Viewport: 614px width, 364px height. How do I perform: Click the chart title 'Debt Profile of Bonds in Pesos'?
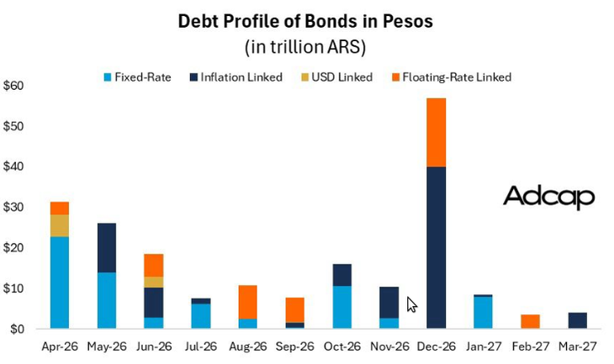pos(305,21)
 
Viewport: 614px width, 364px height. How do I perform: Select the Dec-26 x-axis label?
pos(436,345)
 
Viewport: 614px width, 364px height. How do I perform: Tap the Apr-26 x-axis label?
pos(60,345)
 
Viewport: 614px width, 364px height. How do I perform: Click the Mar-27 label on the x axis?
pos(577,345)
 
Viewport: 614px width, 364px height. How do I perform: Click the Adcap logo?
pos(548,198)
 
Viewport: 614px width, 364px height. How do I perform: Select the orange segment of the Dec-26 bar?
pos(436,133)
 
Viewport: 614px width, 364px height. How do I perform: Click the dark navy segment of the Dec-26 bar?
pos(436,248)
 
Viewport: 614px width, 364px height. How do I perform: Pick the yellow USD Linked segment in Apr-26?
pos(60,225)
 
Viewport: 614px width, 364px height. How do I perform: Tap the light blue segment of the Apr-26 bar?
pos(60,282)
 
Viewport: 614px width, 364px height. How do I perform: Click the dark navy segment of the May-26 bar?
pos(107,248)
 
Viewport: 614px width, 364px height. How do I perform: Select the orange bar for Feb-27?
pos(530,321)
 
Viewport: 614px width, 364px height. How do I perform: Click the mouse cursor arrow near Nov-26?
pos(410,303)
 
